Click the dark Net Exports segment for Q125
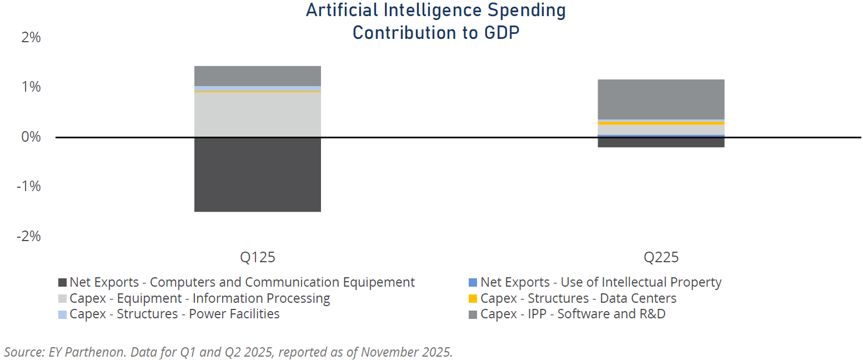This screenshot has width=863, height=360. (258, 174)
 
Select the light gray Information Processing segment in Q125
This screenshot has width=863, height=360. (258, 114)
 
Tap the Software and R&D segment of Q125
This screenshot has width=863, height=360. (258, 76)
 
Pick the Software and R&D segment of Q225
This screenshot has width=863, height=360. (661, 99)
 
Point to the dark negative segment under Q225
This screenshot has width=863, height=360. (661, 142)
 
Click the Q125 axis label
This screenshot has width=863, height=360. (258, 257)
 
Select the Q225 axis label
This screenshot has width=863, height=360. (661, 257)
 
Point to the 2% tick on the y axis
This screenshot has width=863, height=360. (31, 38)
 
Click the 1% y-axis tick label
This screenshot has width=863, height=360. (31, 87)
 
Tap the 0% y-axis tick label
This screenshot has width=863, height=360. (31, 137)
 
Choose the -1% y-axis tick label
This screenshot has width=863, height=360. (29, 186)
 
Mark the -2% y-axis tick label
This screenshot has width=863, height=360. (29, 236)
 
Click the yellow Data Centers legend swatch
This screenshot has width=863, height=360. (473, 298)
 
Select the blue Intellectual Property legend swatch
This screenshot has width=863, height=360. (473, 282)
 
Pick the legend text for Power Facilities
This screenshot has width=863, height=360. (174, 314)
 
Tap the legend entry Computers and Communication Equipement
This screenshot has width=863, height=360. (242, 282)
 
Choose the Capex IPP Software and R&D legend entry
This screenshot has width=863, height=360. (573, 314)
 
